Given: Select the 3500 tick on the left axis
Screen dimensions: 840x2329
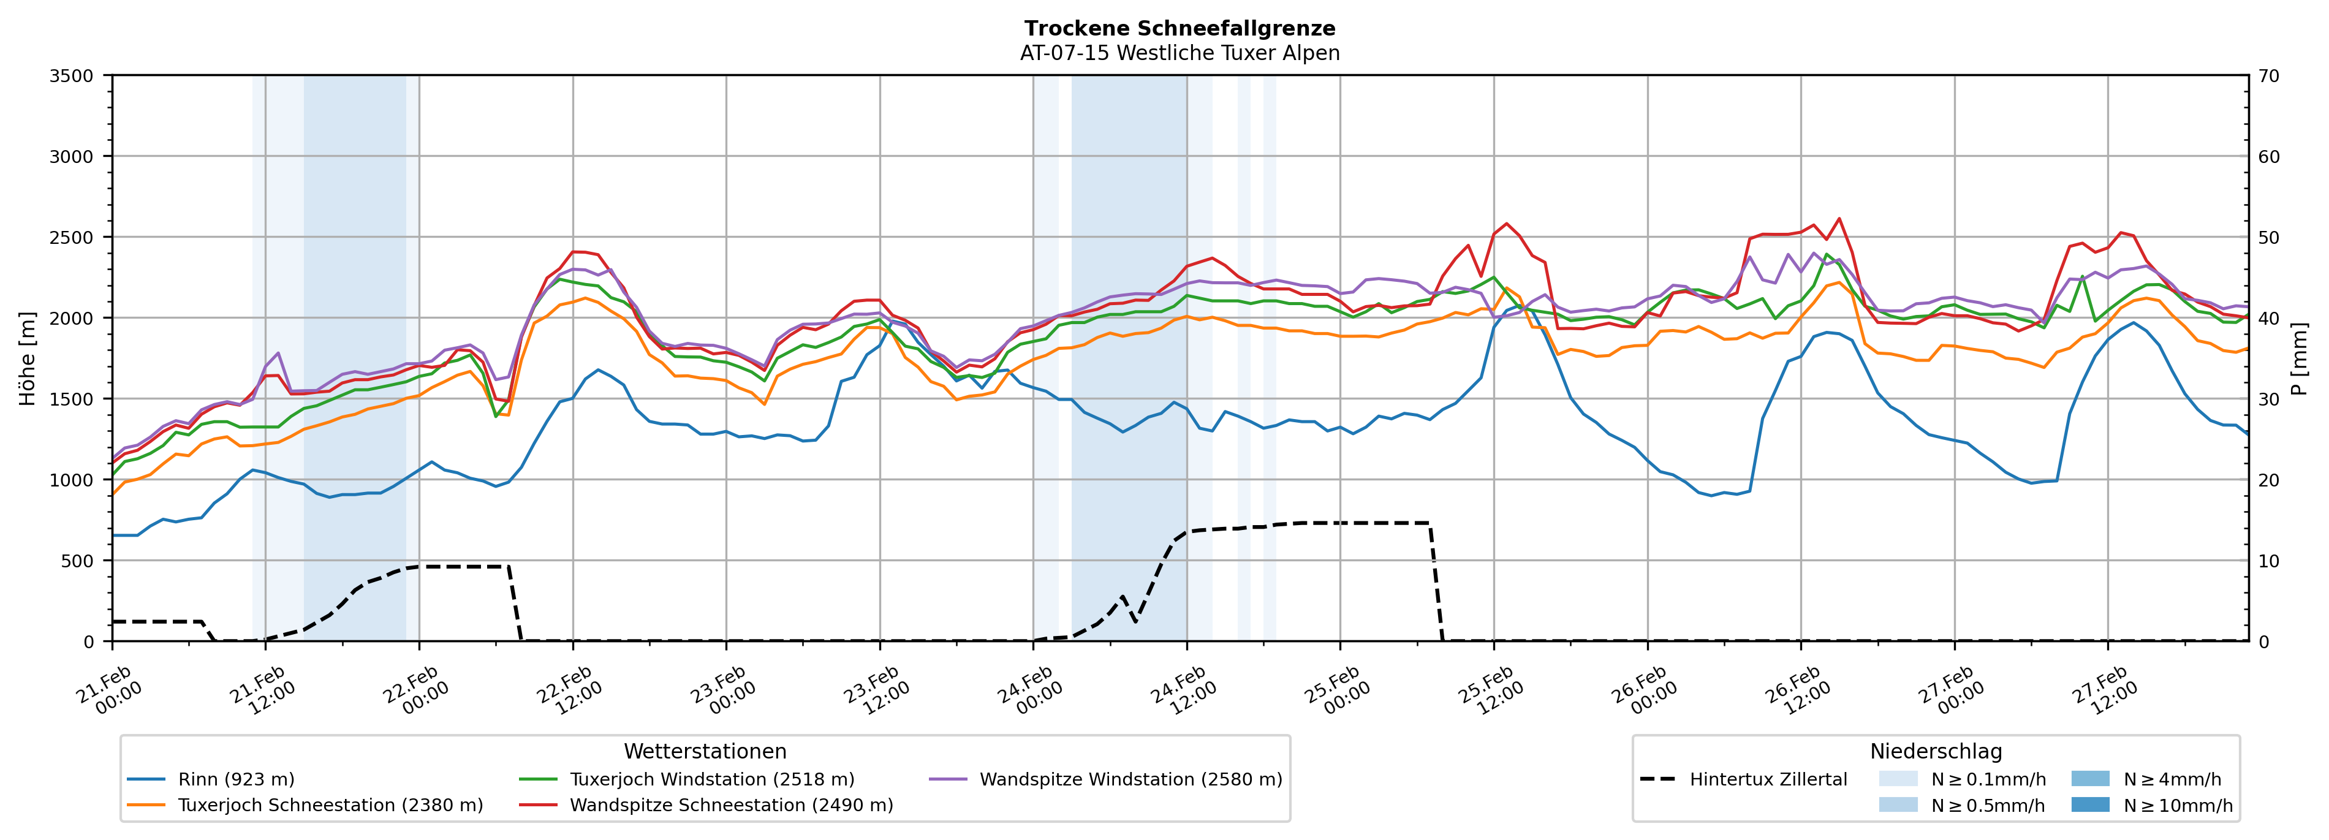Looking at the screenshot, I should tap(72, 76).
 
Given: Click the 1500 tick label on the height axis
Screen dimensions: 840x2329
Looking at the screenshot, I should tap(72, 399).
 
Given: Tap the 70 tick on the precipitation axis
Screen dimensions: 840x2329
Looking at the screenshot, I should tap(2270, 76).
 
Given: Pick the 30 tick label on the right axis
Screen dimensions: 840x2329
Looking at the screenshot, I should tap(2270, 399).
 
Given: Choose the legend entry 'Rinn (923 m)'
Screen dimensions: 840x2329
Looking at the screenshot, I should tap(236, 779).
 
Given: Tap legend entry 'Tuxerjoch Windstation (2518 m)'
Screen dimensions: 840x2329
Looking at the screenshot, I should tap(711, 779).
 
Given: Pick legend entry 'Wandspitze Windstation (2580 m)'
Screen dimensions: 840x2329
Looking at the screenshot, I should tap(1130, 779).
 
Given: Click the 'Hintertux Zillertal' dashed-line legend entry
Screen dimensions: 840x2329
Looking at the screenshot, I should tap(1768, 779).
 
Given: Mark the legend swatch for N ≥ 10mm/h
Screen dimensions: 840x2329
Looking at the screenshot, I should tap(2089, 804).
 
